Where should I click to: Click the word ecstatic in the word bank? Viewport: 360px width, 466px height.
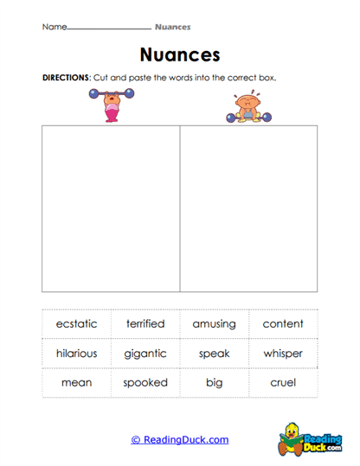pos(76,324)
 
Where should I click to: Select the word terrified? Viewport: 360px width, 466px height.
pos(145,324)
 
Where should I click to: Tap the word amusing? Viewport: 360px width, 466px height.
pos(215,324)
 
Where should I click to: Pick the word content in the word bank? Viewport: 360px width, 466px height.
pos(283,324)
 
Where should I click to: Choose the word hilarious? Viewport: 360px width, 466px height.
pos(76,354)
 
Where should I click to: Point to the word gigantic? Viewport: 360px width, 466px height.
pos(145,354)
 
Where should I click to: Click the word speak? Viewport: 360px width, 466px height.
pos(215,354)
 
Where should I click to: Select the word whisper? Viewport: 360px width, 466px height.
pos(283,354)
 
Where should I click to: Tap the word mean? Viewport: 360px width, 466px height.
pos(76,382)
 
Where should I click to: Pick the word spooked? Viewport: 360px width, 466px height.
pos(145,382)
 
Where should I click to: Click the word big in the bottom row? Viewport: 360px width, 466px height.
pos(215,382)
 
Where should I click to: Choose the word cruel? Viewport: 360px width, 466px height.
pos(283,382)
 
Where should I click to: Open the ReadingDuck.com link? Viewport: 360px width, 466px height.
pos(180,439)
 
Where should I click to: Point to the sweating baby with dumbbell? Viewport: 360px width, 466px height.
pos(249,107)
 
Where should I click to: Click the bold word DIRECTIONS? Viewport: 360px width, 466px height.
pos(66,77)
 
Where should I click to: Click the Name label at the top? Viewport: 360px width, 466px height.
pos(54,27)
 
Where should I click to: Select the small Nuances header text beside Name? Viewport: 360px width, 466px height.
pos(173,27)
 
